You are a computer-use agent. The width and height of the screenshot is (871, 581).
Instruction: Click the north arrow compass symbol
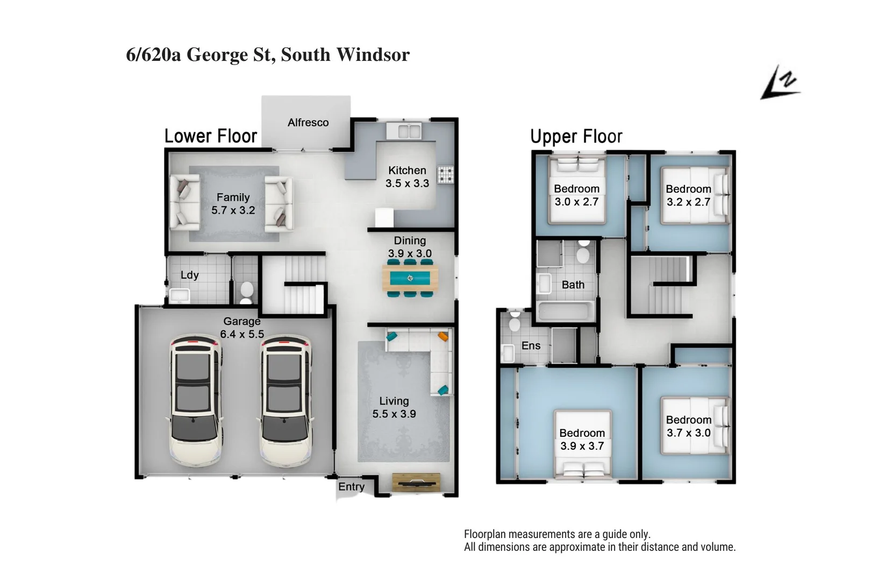coord(780,83)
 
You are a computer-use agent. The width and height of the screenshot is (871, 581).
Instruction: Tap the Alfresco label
coord(308,123)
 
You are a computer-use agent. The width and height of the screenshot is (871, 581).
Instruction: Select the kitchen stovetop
coord(445,174)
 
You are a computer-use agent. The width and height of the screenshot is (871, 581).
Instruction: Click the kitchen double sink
coord(403,131)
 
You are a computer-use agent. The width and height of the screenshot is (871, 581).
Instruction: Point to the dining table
coord(410,278)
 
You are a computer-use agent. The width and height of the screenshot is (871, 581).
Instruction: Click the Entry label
coord(351,487)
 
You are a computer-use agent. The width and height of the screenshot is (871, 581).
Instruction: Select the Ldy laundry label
coord(189,275)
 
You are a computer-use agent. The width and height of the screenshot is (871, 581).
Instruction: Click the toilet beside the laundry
coord(246,292)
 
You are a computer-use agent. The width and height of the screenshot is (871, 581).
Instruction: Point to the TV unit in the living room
coord(416,482)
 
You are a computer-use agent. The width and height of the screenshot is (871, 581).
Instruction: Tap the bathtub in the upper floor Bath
coord(566,311)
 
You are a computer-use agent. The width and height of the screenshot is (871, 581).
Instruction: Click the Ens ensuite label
coord(531,346)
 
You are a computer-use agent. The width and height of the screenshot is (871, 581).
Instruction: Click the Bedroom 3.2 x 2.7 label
coord(688,195)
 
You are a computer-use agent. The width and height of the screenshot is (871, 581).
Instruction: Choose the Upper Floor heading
coord(576,137)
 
